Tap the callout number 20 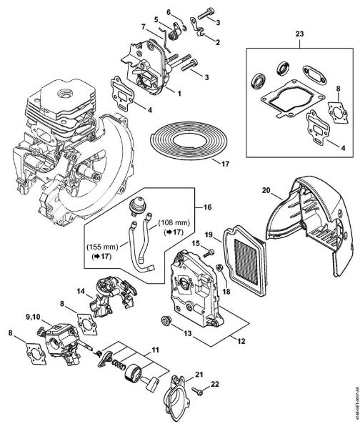266,190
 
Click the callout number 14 81,290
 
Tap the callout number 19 210,235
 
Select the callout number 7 143,26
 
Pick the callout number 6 169,12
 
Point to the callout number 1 180,94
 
